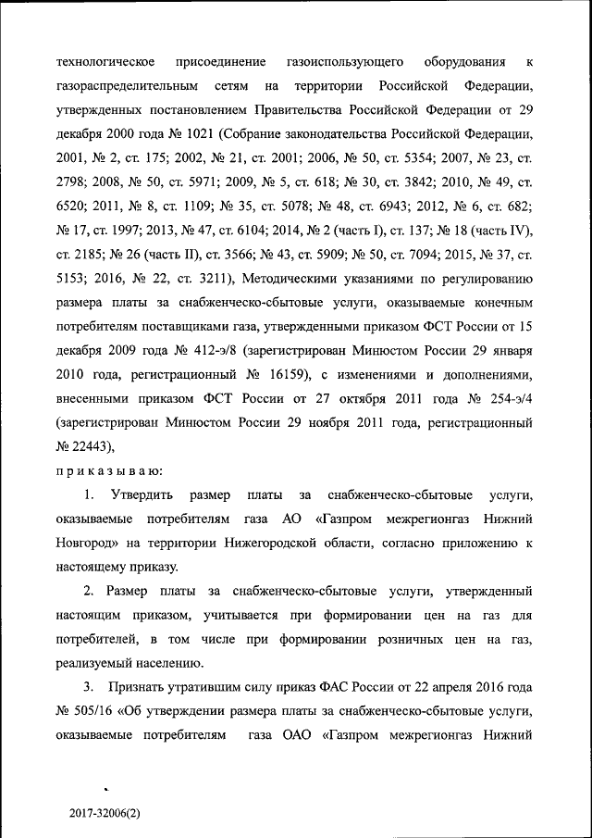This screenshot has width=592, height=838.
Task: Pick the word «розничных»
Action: click(414, 640)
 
